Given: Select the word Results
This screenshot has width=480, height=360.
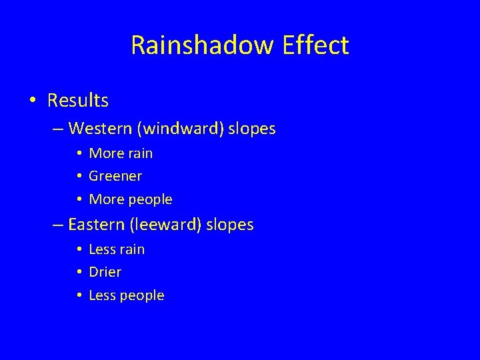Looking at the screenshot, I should (78, 101).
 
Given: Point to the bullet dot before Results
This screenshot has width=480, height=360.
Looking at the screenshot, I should (33, 101).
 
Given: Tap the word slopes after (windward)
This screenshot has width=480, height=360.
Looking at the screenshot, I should (251, 129).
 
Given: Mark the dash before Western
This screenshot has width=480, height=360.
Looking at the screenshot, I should (58, 129).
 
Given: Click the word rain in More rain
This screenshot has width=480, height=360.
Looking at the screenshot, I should (139, 153).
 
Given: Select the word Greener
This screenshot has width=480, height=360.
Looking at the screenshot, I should (115, 177).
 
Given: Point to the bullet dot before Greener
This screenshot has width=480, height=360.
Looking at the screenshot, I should (79, 177).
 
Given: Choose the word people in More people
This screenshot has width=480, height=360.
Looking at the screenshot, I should (149, 200).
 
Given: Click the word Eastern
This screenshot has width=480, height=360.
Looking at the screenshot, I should (97, 225).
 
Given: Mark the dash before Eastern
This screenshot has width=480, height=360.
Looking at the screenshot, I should (58, 225).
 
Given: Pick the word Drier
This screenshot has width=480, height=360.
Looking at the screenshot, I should (105, 272).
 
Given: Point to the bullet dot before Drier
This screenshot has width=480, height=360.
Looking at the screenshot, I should (79, 273).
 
